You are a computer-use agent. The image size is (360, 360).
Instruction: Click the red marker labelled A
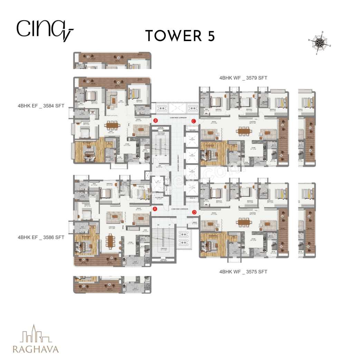click(155, 209)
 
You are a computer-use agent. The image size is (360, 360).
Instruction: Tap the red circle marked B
click(156, 121)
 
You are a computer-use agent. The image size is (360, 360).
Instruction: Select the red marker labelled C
click(194, 121)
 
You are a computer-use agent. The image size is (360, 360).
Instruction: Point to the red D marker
click(194, 212)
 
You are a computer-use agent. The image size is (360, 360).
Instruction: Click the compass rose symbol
click(320, 43)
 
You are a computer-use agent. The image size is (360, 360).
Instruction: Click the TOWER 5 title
click(180, 36)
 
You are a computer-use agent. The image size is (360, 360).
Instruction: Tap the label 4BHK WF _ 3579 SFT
click(243, 78)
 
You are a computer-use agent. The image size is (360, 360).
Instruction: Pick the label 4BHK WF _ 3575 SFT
click(243, 272)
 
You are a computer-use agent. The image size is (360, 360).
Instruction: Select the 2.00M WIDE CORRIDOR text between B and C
click(174, 118)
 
